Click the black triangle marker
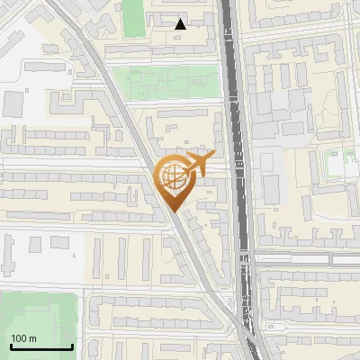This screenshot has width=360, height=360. [x=181, y=24]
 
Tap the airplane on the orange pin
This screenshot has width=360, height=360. [x=196, y=165]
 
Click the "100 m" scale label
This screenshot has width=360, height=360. [x=23, y=337]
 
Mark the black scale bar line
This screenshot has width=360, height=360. [x=40, y=346]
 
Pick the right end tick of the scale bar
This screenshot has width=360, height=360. [x=72, y=345]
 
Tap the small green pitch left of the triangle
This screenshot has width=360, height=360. [x=133, y=18]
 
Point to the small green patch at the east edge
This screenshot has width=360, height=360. [x=337, y=165]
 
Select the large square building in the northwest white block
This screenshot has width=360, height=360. [x=13, y=104]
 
